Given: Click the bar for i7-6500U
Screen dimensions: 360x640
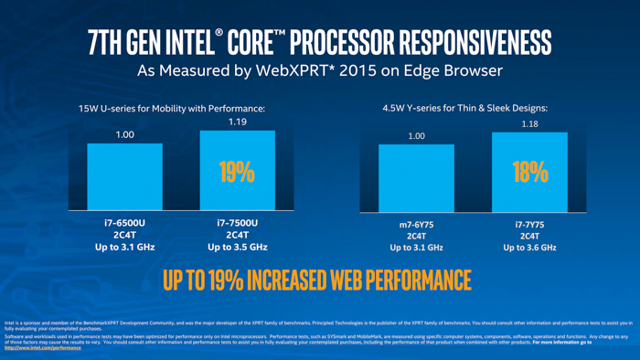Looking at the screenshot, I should (x=124, y=177).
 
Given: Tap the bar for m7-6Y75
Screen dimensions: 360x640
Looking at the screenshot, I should (x=416, y=177).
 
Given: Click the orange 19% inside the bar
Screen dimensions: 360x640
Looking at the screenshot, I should (x=237, y=172).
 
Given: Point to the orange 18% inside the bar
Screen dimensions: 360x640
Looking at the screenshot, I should (x=529, y=172).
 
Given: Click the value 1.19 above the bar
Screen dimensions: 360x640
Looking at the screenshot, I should (x=237, y=122).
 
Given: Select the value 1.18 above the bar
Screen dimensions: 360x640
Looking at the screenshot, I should (x=529, y=123).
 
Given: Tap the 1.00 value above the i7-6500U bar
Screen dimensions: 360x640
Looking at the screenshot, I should (x=124, y=134).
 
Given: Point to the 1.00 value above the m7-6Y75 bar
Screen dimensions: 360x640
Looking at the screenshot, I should (x=416, y=136).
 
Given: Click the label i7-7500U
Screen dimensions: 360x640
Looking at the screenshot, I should (x=237, y=222).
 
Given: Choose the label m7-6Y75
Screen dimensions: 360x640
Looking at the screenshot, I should (x=416, y=223).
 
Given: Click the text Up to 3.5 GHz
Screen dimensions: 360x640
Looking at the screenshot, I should (x=237, y=247).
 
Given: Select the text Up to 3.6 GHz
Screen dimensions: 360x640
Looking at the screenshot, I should (x=529, y=248).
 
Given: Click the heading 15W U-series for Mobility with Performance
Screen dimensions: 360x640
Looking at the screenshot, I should (x=172, y=109).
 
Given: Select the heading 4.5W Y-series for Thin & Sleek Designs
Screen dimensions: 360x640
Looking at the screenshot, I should (x=465, y=108).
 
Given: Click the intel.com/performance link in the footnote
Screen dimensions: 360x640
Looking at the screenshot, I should (x=43, y=348).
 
